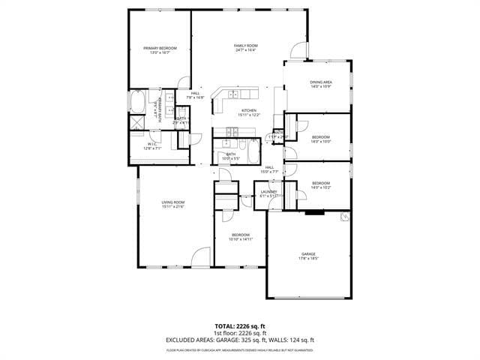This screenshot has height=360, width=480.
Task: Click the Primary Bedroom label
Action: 158,50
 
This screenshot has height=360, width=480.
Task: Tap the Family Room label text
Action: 246,48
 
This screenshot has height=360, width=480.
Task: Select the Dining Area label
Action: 321,84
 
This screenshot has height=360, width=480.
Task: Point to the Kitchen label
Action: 249,112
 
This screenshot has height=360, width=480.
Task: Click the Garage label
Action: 308,256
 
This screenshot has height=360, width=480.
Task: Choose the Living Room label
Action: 173,204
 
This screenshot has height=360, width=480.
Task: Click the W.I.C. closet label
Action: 152,145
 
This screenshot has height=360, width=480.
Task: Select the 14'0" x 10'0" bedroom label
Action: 321,139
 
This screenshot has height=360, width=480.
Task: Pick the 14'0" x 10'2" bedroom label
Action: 321,185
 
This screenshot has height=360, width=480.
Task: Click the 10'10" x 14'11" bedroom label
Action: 241,237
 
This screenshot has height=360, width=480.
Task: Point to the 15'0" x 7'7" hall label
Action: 269,169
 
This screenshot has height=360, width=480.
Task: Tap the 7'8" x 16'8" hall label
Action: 195,95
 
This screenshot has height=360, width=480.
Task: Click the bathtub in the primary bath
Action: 139,102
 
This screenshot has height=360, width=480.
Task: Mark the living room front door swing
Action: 201,257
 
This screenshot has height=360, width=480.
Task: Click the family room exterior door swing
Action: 298,50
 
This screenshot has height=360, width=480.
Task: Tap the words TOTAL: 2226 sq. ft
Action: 239,327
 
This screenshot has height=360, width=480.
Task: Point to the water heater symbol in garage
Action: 345,217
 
